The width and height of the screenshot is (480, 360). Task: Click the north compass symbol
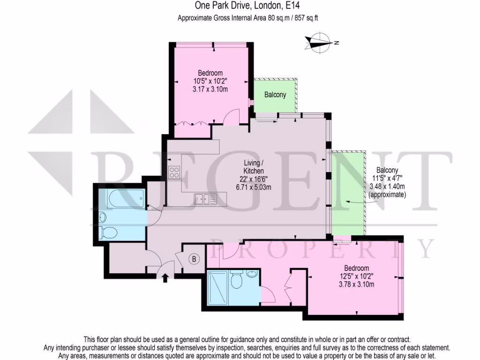click(x=320, y=43)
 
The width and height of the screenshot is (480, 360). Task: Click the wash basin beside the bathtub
click(x=103, y=217)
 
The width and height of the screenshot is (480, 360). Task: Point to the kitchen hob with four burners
click(x=174, y=172)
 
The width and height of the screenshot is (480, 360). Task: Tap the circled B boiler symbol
click(x=193, y=258)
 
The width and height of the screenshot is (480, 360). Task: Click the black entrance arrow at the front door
click(x=165, y=279)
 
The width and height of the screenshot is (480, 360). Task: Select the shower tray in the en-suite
click(x=217, y=287)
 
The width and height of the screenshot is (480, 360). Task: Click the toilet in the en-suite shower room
click(x=237, y=282)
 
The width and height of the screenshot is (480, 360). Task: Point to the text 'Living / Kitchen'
click(x=253, y=166)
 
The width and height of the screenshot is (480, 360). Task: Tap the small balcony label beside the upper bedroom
click(x=275, y=95)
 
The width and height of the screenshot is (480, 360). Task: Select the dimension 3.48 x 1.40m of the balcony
click(x=387, y=186)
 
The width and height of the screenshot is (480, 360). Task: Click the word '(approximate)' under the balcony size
click(x=387, y=194)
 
